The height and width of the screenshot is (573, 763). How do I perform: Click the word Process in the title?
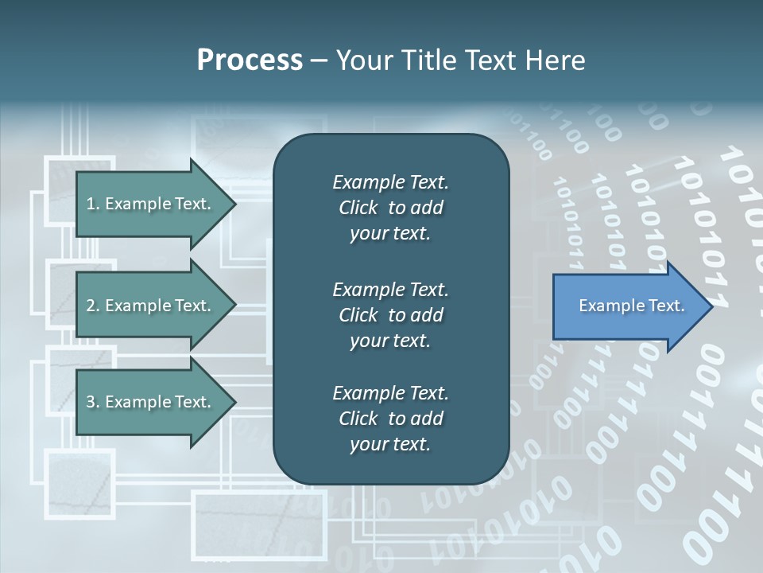pos(250,60)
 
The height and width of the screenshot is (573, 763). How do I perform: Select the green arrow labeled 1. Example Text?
pos(151,204)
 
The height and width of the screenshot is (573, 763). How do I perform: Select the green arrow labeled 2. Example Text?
pos(151,306)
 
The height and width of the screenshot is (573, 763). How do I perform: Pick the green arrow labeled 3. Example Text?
pos(151,402)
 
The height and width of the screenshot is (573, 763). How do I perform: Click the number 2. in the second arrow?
pos(93,306)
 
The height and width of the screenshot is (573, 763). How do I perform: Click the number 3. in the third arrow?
pos(93,402)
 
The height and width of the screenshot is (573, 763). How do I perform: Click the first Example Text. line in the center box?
pos(390,182)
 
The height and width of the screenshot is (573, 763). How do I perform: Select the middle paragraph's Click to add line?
pos(390,315)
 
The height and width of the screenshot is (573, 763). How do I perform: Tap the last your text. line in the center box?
pos(390,445)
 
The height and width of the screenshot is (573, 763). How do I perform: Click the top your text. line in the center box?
pos(390,234)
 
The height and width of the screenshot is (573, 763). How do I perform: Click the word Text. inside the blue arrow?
pos(665,306)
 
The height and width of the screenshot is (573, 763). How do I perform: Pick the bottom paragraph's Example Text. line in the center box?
pos(390,393)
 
